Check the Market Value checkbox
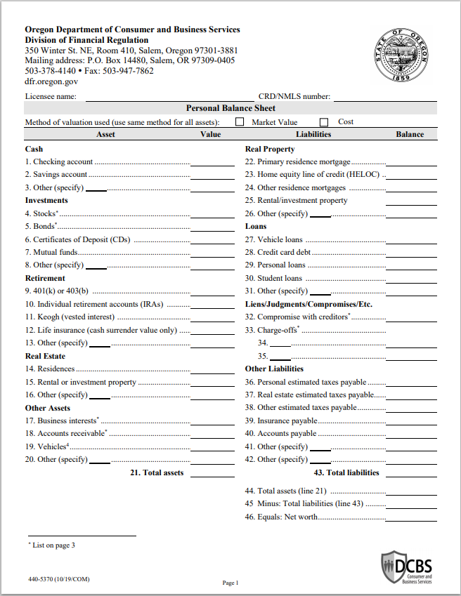[240, 122]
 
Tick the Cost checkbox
[324, 122]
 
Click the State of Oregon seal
[401, 55]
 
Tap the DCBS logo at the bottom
[407, 567]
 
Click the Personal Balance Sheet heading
[230, 108]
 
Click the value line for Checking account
[212, 162]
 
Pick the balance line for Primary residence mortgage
[411, 162]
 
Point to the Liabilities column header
[313, 134]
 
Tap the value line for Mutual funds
[212, 253]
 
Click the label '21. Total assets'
[157, 472]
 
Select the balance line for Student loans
[411, 279]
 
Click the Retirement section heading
[45, 279]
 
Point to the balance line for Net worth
[411, 517]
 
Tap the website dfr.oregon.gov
[51, 81]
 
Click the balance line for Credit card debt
[411, 253]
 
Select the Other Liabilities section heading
[274, 369]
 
